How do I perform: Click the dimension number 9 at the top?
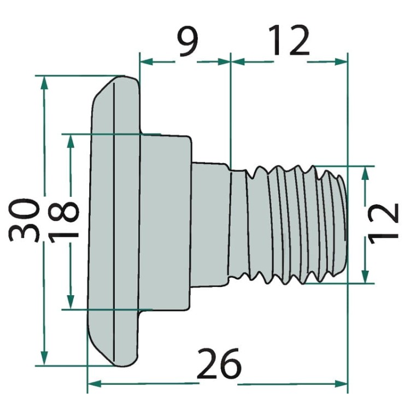(x=187, y=43)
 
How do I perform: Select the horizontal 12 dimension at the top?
(x=289, y=42)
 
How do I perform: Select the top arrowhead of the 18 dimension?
(x=70, y=140)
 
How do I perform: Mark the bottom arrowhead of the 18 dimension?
(x=70, y=302)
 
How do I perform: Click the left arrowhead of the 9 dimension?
(x=146, y=62)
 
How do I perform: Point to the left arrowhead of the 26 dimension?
(x=93, y=383)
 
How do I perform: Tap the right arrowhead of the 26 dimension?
(x=342, y=383)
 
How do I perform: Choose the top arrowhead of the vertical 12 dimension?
(x=366, y=172)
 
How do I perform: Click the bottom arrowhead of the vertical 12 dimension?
(x=366, y=277)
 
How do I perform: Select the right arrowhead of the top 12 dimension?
(x=342, y=62)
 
